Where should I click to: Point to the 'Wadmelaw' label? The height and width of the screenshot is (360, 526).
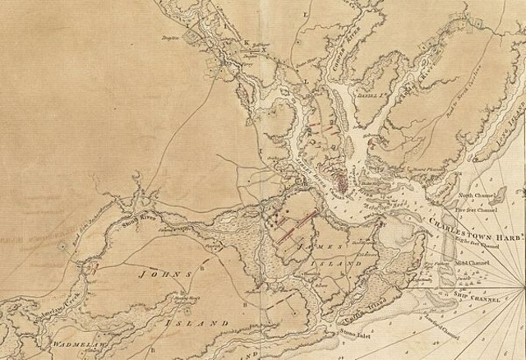76,340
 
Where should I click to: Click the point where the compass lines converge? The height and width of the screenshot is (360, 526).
524,288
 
